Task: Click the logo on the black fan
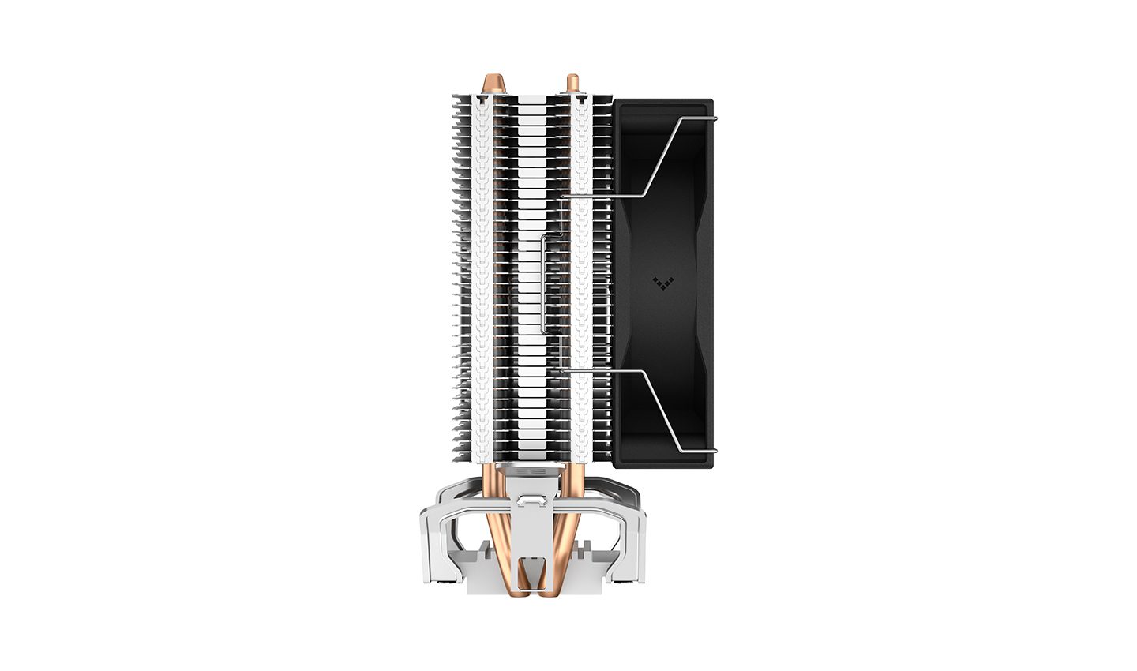(663, 280)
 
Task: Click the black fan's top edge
(663, 103)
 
